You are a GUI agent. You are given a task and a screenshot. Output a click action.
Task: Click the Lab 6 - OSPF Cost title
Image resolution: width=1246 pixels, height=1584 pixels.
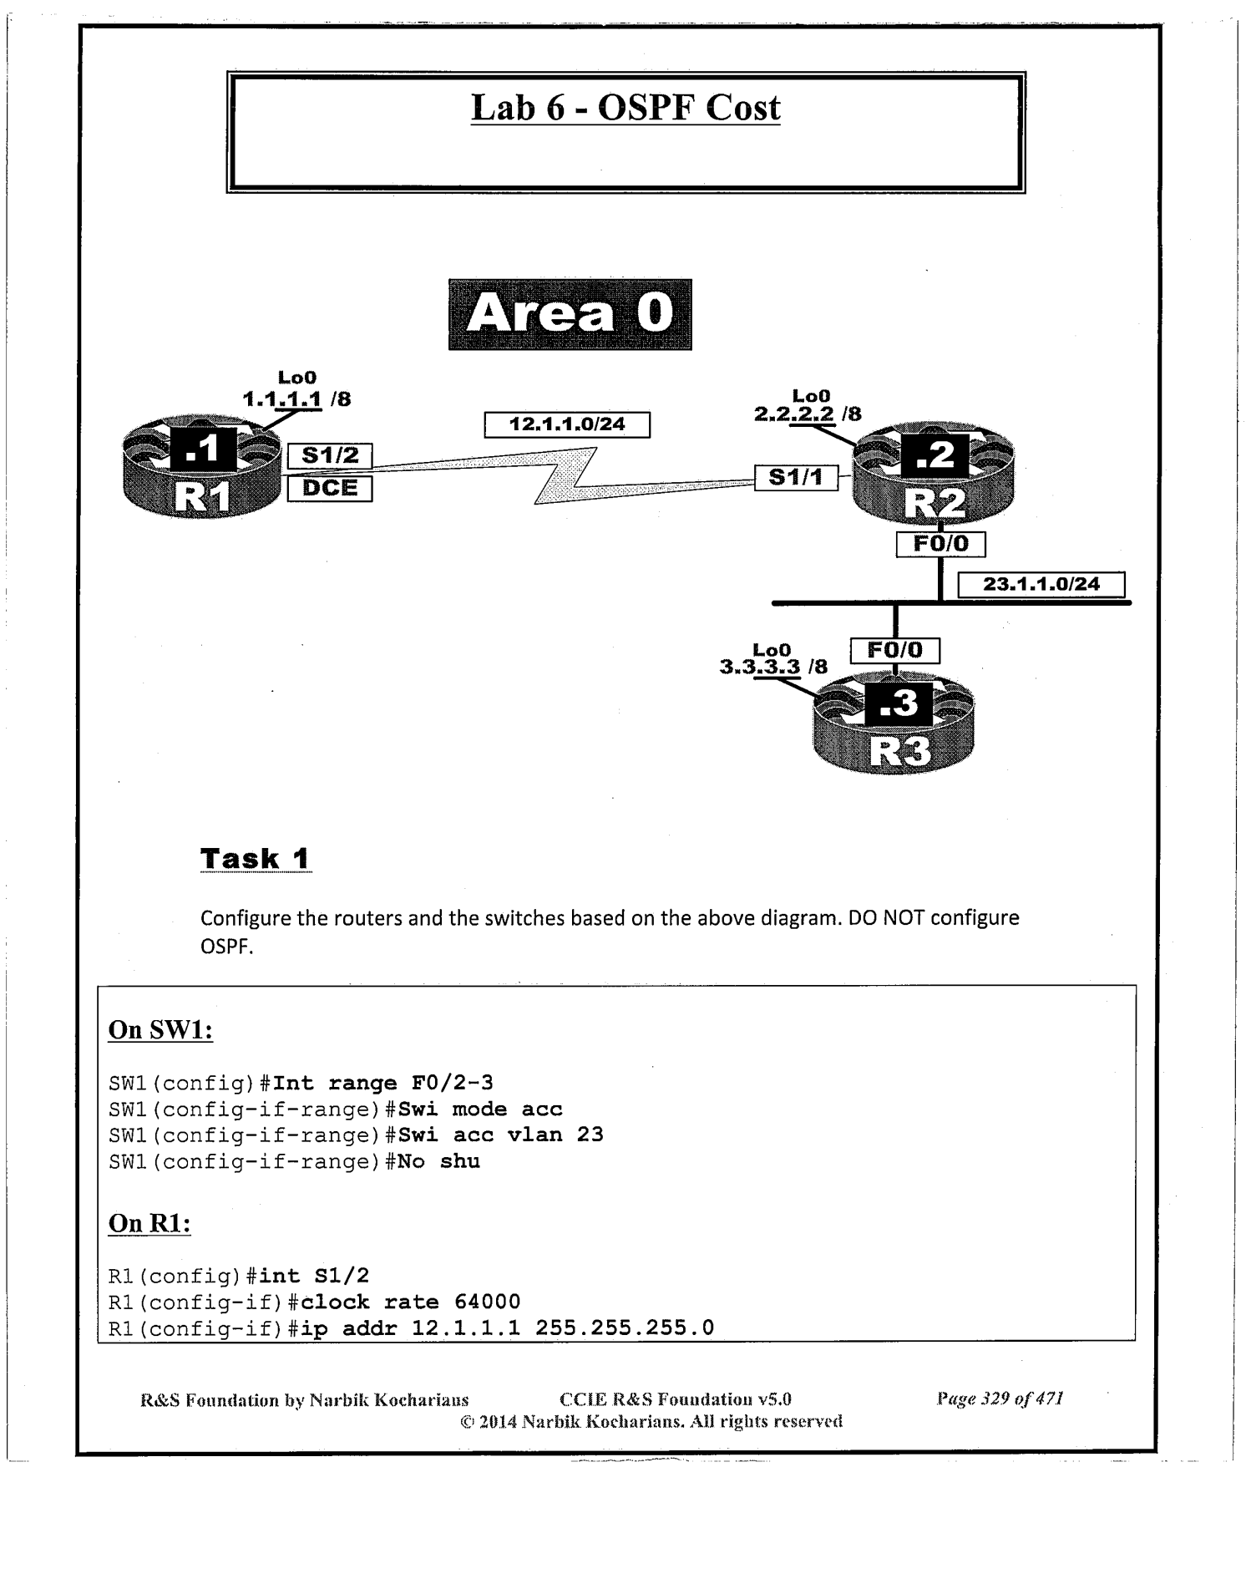626,109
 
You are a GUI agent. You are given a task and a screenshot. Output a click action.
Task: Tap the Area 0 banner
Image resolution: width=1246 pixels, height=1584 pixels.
570,315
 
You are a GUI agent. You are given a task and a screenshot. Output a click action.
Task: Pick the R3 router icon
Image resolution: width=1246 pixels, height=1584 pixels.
894,725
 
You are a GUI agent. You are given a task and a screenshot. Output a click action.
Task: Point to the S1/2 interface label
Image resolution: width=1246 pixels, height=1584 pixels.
330,456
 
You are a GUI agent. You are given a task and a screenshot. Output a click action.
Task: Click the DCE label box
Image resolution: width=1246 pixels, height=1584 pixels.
330,489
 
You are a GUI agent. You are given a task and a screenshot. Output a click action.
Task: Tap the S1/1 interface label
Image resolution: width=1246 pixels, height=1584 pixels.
795,477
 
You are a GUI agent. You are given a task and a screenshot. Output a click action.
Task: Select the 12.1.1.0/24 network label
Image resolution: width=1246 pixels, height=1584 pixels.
567,424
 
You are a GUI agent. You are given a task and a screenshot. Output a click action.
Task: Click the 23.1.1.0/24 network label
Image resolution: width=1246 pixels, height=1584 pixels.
1041,584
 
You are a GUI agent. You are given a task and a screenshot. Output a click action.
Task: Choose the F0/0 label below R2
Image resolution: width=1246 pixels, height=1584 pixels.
940,545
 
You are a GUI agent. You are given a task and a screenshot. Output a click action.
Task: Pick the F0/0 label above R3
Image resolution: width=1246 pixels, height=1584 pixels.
894,651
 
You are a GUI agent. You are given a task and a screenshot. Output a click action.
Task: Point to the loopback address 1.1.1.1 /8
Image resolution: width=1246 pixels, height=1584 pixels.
296,399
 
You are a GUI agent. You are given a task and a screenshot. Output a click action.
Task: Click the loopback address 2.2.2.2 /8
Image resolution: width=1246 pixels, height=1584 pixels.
808,414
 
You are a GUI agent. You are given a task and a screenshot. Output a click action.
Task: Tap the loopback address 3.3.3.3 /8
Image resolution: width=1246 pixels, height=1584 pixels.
773,667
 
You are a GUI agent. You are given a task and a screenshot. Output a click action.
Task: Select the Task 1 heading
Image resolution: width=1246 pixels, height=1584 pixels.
256,858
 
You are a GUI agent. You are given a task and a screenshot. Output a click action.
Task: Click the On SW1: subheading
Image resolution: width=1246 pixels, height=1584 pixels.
160,1030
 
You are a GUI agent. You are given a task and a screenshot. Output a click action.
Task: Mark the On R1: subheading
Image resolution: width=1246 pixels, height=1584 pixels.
149,1224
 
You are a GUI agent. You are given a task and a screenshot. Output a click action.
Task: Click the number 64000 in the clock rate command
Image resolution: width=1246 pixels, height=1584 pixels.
487,1302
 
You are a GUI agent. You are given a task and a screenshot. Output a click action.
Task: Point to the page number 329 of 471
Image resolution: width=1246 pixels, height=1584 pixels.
1000,1399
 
